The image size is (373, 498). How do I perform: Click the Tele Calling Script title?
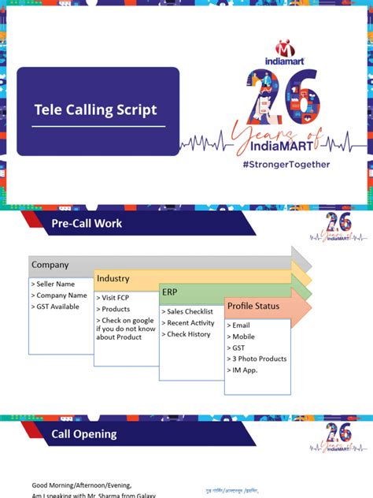(95, 110)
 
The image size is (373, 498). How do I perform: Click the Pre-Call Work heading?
(87, 224)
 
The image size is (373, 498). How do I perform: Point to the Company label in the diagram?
(50, 265)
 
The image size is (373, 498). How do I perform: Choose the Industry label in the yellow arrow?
(113, 278)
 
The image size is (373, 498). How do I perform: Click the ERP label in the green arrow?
(170, 292)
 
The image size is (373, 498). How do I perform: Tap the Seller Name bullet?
(54, 284)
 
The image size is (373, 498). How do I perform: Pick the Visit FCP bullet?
(116, 299)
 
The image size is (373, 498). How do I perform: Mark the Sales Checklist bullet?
(191, 312)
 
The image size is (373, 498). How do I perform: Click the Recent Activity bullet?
(191, 323)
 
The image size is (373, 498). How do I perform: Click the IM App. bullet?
(245, 370)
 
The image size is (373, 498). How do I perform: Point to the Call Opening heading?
(83, 433)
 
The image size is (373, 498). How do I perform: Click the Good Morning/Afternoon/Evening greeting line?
(82, 485)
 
